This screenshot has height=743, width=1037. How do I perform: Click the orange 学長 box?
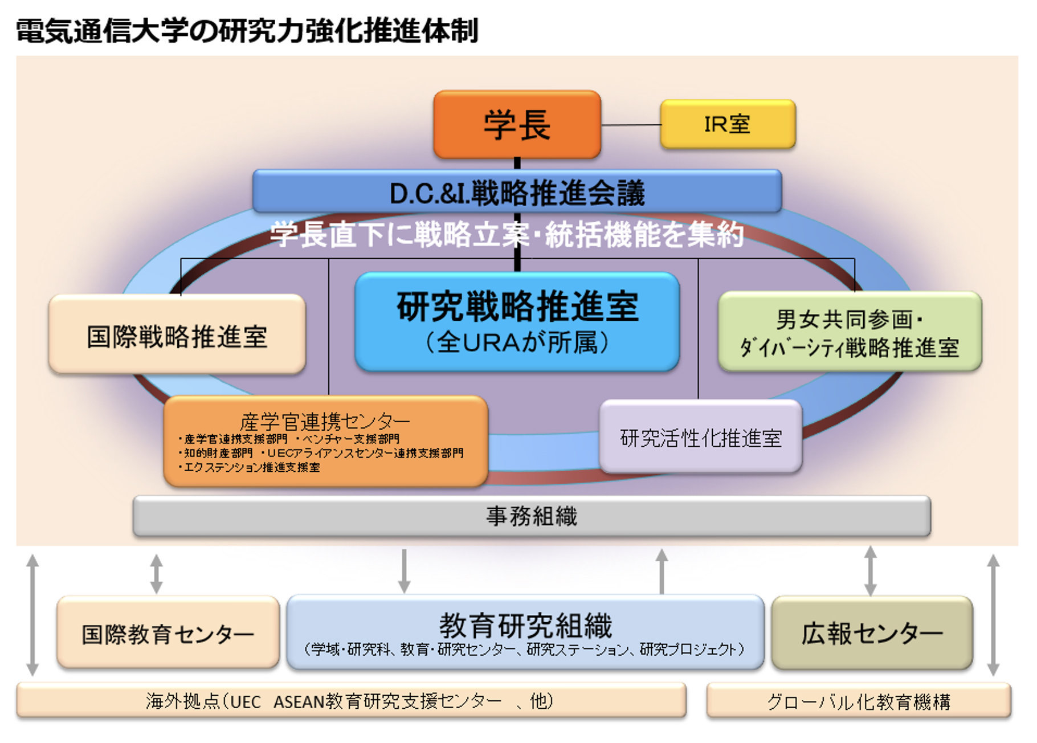tap(517, 124)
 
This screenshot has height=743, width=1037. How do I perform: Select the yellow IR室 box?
tap(728, 124)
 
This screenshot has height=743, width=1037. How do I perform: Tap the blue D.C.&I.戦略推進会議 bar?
tap(517, 191)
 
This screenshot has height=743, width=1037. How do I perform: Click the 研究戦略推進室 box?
tap(517, 322)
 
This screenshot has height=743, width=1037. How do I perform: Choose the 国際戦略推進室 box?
tap(177, 334)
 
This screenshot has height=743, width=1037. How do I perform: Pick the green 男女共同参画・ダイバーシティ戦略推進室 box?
tap(850, 332)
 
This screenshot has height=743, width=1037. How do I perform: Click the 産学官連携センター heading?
tap(325, 422)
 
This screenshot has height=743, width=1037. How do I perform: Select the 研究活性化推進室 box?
tap(701, 436)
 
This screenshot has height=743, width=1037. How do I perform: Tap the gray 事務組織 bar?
tap(532, 516)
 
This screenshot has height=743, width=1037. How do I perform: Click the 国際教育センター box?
tap(168, 632)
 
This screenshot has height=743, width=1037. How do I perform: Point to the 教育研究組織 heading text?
tap(525, 625)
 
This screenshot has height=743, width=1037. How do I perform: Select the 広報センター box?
tap(872, 632)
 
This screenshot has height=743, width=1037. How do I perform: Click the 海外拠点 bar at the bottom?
tap(351, 700)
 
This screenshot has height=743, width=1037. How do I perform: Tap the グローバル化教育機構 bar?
tap(859, 701)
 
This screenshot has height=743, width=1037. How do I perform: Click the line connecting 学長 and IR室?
tap(631, 124)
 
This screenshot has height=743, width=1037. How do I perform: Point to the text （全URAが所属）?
tap(517, 342)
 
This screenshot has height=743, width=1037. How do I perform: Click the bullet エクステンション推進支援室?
tap(250, 467)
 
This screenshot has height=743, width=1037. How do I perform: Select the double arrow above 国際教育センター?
tap(156, 573)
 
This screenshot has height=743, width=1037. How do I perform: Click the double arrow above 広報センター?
tap(870, 571)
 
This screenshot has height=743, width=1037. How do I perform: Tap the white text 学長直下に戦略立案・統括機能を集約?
tap(507, 234)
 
